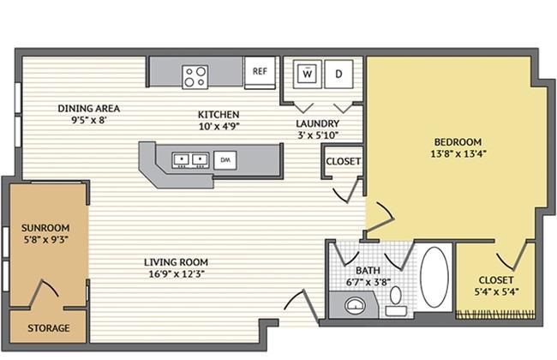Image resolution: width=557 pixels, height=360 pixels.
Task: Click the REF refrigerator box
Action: click(x=260, y=73)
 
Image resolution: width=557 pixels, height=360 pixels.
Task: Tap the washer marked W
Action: click(x=308, y=74)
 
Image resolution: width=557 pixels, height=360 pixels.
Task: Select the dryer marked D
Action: click(x=338, y=74)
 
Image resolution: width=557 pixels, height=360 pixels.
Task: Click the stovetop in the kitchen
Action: click(x=195, y=77)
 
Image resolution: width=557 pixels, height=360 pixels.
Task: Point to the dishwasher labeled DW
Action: click(x=225, y=160)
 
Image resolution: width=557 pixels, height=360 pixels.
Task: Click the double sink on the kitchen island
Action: click(x=190, y=160)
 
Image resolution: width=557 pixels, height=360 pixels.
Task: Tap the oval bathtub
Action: click(x=434, y=277)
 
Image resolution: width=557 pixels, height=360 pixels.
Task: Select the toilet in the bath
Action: click(x=396, y=302)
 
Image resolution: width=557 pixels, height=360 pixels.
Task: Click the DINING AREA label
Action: click(x=89, y=108)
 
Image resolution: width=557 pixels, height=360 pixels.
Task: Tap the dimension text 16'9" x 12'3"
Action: click(x=177, y=274)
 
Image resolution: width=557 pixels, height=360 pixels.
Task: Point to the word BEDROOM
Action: click(x=458, y=142)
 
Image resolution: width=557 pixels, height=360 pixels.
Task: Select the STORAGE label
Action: click(x=49, y=328)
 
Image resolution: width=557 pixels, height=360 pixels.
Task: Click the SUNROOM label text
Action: click(x=45, y=228)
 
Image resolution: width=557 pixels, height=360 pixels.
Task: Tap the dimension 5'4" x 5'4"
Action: click(x=497, y=291)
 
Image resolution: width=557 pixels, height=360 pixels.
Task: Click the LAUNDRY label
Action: click(x=318, y=123)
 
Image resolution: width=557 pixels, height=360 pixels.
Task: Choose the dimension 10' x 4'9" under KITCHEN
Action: click(x=219, y=126)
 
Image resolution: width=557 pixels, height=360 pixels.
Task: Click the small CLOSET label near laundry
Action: click(x=344, y=161)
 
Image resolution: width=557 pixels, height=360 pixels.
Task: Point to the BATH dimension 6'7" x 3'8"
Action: click(x=368, y=282)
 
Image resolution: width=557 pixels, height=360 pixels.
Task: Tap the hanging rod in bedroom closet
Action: click(x=495, y=315)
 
